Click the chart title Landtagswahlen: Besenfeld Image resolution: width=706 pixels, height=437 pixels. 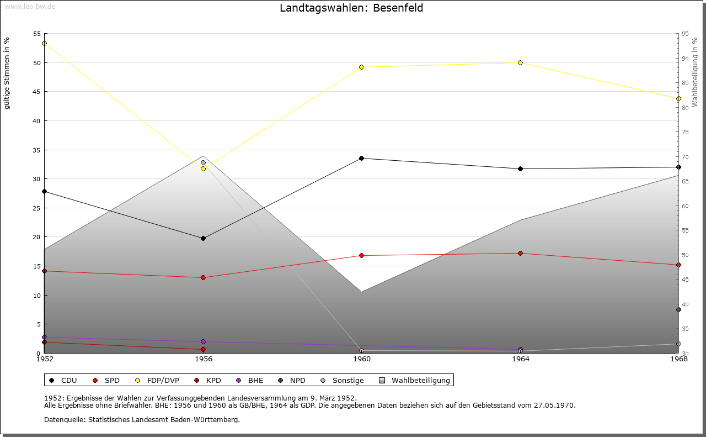(x=351, y=8)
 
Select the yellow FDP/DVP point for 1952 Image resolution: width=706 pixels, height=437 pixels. (x=44, y=43)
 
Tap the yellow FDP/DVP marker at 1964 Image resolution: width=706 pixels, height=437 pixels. (x=520, y=62)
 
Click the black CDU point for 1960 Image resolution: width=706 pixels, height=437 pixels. (x=361, y=158)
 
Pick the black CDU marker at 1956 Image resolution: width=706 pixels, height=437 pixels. (x=203, y=238)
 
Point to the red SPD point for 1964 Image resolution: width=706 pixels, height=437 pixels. (x=520, y=253)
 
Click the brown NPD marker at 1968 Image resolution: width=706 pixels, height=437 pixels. (x=678, y=309)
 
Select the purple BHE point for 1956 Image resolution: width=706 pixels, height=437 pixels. (x=203, y=341)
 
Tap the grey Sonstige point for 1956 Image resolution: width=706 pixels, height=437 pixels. (x=203, y=162)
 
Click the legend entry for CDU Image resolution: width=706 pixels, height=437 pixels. (x=63, y=380)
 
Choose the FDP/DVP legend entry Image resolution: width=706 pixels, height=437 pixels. (x=158, y=380)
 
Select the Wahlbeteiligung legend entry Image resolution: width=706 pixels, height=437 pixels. (x=415, y=380)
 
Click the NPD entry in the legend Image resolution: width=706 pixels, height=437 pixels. (x=292, y=380)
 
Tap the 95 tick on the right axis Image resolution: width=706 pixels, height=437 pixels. (x=685, y=34)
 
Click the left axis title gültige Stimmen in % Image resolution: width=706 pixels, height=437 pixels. (x=7, y=73)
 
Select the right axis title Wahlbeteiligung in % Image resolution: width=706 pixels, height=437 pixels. (x=695, y=72)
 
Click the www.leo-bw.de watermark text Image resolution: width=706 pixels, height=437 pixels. (x=30, y=6)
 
